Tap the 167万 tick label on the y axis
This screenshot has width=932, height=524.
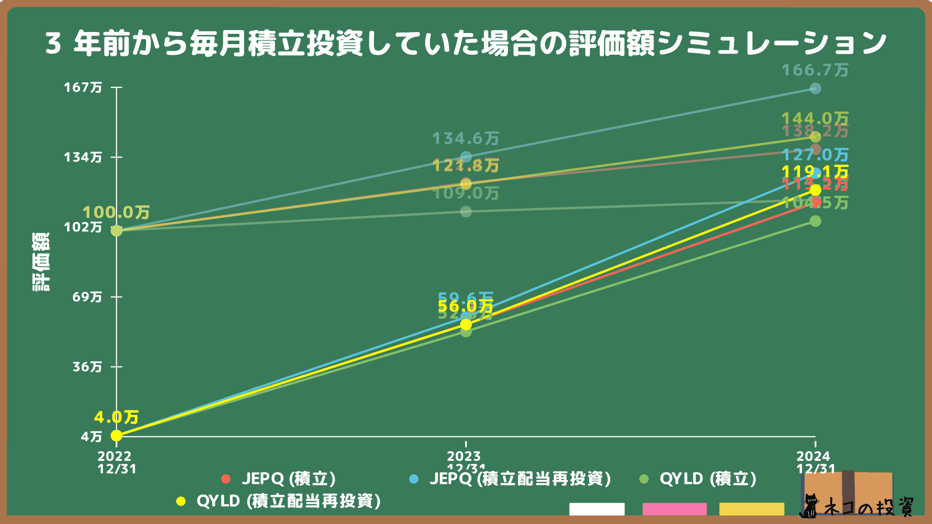[x=83, y=87]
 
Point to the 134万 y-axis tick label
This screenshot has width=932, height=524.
[x=83, y=157]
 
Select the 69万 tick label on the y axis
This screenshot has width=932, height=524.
[x=87, y=296]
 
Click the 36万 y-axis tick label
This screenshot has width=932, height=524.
[x=87, y=366]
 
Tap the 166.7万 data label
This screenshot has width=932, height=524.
[x=815, y=70]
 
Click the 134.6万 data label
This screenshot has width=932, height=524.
[x=466, y=139]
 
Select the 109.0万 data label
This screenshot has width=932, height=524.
[x=466, y=194]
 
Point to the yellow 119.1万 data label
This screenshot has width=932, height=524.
[x=815, y=172]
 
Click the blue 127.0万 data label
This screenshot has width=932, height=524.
[x=815, y=155]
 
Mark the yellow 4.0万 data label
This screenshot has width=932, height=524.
[x=116, y=417]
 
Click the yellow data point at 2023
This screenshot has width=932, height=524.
[x=466, y=324]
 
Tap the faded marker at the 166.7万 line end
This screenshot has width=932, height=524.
[x=815, y=88]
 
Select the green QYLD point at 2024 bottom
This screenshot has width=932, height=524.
[x=815, y=221]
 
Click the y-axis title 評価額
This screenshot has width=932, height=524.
[x=41, y=262]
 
